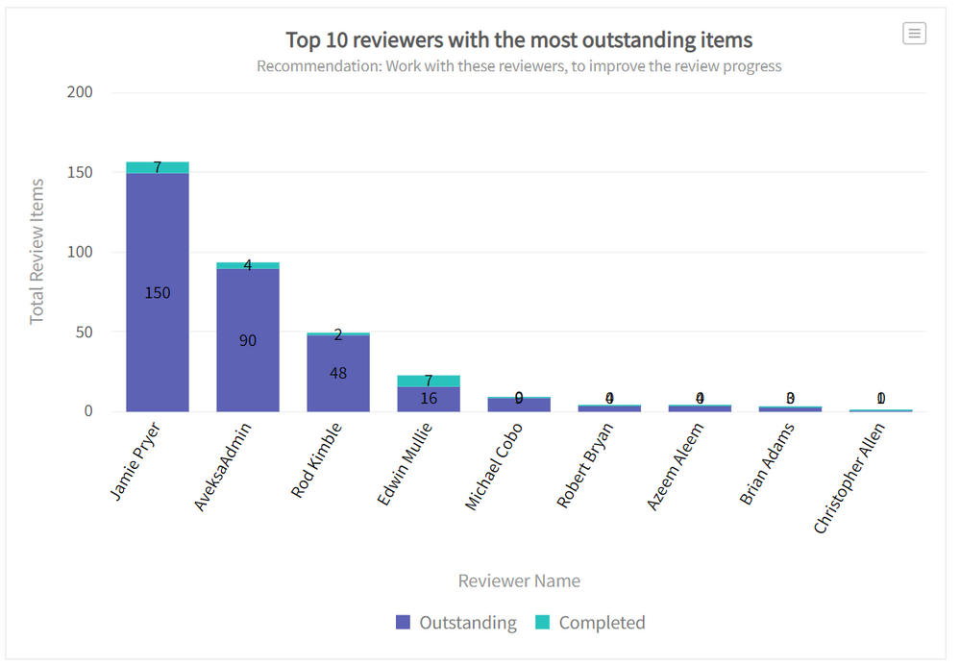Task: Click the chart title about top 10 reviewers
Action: tap(519, 40)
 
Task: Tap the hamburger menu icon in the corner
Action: tap(914, 34)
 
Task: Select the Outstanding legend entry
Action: tap(456, 623)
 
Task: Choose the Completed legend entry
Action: tap(590, 623)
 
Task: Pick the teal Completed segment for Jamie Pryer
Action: tap(158, 168)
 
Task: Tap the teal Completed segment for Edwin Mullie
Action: tap(429, 382)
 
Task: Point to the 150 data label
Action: tap(158, 293)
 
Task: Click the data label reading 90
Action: tap(248, 340)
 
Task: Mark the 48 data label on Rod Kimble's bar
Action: tap(338, 373)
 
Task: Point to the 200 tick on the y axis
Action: tap(81, 92)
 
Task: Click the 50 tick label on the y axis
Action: tap(86, 332)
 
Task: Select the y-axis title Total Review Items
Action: tap(37, 251)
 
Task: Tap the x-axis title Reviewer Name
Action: tap(519, 580)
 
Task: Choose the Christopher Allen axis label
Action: tap(849, 479)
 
